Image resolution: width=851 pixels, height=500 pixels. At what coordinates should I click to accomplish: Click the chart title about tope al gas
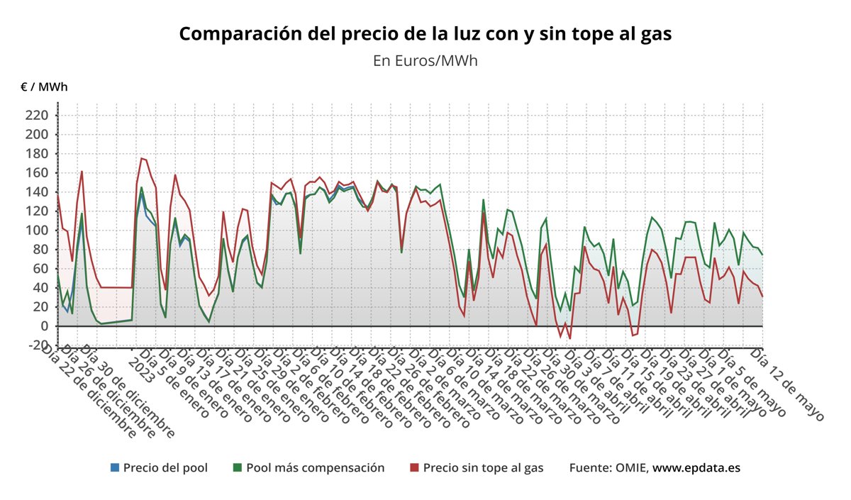425,33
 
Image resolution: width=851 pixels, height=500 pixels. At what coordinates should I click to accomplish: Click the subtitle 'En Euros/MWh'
425,60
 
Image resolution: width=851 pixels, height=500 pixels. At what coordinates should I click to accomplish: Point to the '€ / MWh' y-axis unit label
44,87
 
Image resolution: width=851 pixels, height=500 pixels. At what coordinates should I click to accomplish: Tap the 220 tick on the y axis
37,115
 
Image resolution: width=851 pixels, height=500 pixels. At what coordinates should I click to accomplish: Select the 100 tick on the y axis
37,230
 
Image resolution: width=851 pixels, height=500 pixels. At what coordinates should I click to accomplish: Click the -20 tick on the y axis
35,345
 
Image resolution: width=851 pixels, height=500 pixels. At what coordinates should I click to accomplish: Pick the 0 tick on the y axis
44,326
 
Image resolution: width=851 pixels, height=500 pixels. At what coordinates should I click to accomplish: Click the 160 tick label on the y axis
37,173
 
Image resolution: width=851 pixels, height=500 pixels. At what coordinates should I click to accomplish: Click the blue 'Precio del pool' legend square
115,468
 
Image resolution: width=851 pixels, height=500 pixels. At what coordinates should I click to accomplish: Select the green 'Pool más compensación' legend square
238,468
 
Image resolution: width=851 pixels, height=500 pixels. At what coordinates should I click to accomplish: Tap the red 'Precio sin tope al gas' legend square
415,468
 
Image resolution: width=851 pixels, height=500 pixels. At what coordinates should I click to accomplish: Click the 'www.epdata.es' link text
696,468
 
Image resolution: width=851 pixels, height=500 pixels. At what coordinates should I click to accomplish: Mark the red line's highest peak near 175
141,158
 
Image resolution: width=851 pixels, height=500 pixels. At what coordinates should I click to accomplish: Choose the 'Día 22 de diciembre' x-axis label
89,391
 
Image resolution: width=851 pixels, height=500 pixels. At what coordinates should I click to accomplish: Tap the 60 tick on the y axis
40,269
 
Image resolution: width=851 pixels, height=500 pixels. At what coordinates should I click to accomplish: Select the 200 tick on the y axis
37,135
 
